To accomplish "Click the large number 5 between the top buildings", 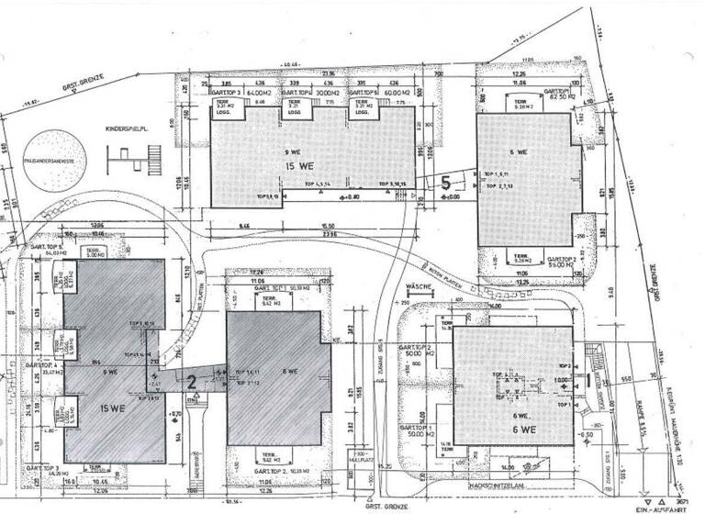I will click(x=447, y=182).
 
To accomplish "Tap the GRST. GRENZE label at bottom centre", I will click(x=381, y=504).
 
